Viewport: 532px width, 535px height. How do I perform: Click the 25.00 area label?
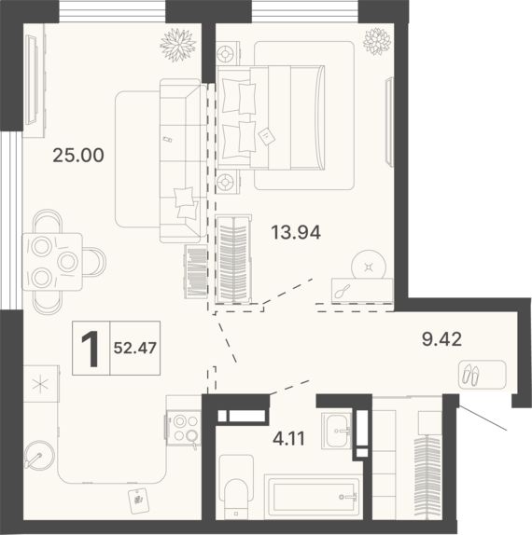[x=78, y=156]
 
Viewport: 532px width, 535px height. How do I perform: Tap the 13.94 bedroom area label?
[x=296, y=233]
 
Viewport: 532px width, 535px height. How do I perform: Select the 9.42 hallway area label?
[x=441, y=339]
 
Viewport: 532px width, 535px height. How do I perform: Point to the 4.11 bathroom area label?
[x=288, y=439]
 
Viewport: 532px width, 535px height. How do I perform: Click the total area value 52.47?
[x=135, y=348]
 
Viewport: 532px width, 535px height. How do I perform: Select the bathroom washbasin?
[x=337, y=431]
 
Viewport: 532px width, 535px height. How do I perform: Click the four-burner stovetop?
[x=184, y=429]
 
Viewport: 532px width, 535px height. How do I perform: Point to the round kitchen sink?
[x=39, y=456]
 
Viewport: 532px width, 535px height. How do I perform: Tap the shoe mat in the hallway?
[x=483, y=375]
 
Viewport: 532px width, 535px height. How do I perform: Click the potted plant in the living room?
[x=178, y=46]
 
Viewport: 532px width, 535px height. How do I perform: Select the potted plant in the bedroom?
[x=377, y=41]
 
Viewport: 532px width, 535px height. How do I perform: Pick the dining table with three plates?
[x=52, y=262]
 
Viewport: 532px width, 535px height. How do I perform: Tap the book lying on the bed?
[x=267, y=136]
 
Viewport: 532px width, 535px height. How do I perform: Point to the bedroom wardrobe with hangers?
[x=234, y=259]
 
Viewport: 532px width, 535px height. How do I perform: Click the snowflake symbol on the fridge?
[x=40, y=384]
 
